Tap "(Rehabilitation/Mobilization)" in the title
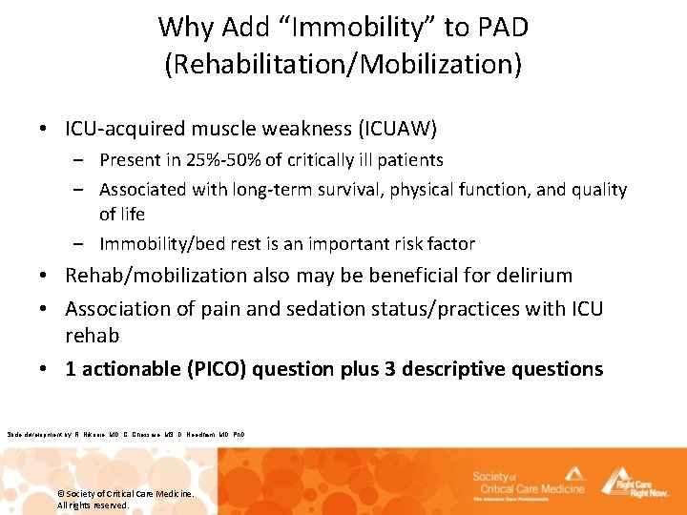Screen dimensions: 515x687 point(343,64)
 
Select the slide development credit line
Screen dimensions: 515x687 point(125,435)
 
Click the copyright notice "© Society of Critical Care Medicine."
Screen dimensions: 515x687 point(125,493)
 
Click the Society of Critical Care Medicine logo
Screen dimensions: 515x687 point(526,484)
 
